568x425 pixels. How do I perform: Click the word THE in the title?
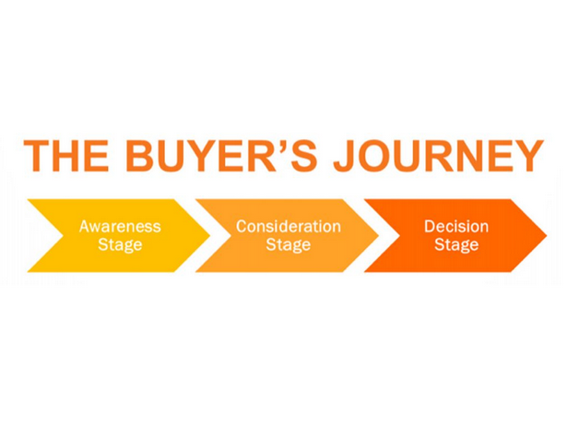(x=66, y=156)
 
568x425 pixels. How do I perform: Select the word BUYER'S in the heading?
(x=221, y=156)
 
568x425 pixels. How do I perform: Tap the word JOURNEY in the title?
(x=439, y=156)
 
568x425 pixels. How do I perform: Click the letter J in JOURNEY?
(x=345, y=156)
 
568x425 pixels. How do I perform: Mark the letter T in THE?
(x=37, y=156)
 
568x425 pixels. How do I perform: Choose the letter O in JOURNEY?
(x=378, y=156)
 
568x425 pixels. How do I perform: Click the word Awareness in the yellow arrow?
(x=120, y=227)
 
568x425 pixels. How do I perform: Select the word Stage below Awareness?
(x=120, y=245)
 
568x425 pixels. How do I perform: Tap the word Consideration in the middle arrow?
(x=289, y=227)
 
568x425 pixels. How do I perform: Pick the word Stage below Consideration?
(x=289, y=245)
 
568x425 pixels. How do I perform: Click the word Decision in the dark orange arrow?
(x=456, y=227)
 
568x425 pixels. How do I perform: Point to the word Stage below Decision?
(x=456, y=245)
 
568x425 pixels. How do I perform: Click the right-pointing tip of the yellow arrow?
(x=209, y=235)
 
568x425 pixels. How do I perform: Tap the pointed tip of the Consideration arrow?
(x=379, y=235)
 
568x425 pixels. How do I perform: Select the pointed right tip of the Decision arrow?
(x=546, y=235)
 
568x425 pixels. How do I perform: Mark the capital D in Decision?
(x=430, y=227)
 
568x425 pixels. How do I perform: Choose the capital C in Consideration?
(x=242, y=227)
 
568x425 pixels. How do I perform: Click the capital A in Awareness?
(x=85, y=227)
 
